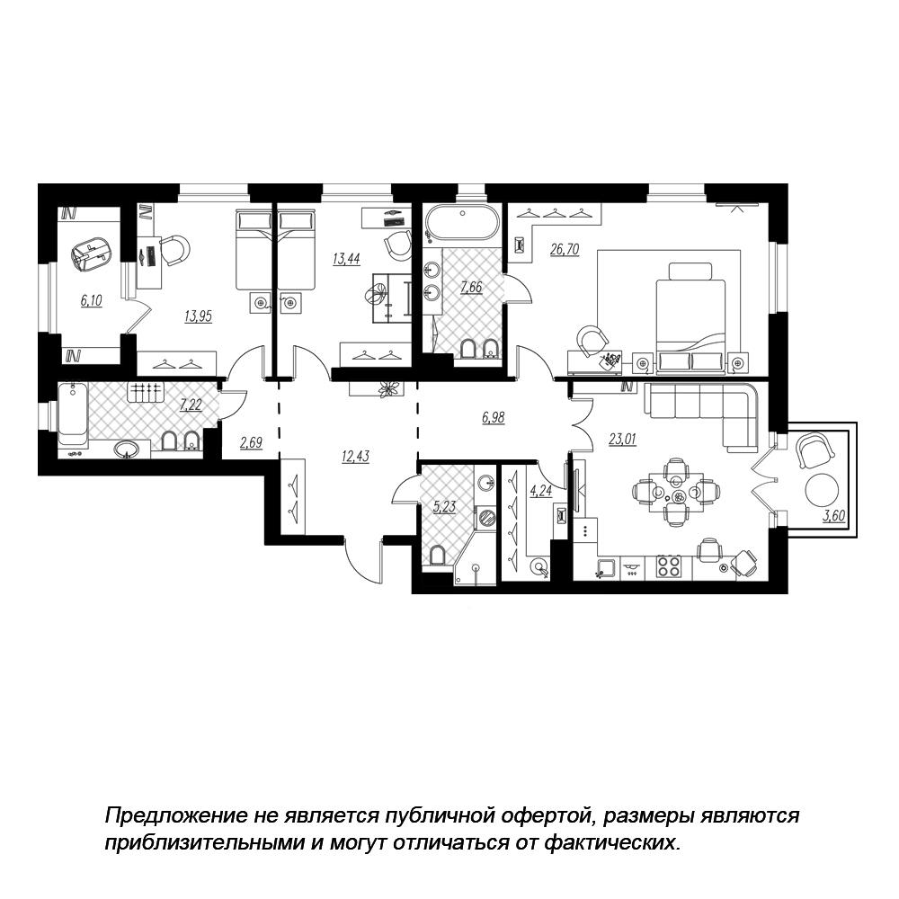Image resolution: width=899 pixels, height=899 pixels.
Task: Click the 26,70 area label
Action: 565,249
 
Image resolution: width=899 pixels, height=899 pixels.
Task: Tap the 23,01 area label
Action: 622,440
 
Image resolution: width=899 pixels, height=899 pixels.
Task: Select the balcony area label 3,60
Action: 834,516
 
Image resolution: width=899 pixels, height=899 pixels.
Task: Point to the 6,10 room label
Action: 91,300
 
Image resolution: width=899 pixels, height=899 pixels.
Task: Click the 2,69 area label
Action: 251,442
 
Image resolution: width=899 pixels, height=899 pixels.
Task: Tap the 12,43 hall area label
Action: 355,457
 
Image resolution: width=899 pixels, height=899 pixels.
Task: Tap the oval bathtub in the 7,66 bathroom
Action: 461,224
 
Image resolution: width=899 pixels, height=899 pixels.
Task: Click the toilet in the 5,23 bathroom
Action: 438,556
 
